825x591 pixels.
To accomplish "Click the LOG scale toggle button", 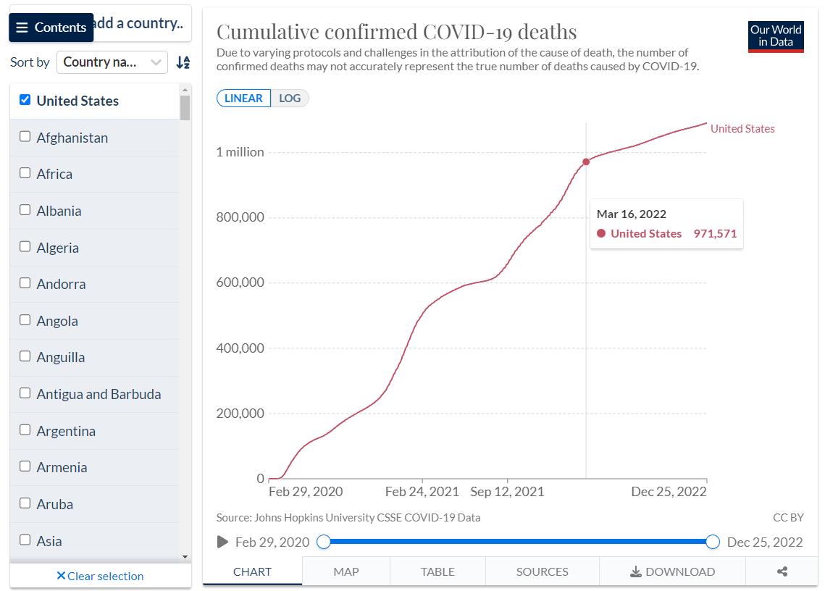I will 290,98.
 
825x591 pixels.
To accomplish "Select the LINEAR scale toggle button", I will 243,98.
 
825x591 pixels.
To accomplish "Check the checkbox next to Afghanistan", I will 25,136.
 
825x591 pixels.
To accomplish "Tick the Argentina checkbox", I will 25,429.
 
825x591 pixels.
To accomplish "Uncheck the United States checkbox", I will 25,100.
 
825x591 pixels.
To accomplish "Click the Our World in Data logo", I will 776,36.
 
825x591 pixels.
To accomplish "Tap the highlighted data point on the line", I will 586,162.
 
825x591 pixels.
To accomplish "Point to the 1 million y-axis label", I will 240,152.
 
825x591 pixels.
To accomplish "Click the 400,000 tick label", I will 240,348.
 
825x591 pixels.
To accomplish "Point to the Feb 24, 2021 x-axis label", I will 422,492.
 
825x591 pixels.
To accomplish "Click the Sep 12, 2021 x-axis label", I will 507,492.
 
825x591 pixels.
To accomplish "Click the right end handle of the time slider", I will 713,542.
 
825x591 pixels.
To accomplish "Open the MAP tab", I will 346,571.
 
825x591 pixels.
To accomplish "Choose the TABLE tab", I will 437,571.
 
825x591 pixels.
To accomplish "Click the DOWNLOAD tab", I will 672,571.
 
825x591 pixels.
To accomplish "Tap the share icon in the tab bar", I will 782,571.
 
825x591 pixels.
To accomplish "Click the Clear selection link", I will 100,577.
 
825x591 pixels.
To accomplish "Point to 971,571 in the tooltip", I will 715,234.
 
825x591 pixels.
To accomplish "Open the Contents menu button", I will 51,28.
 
